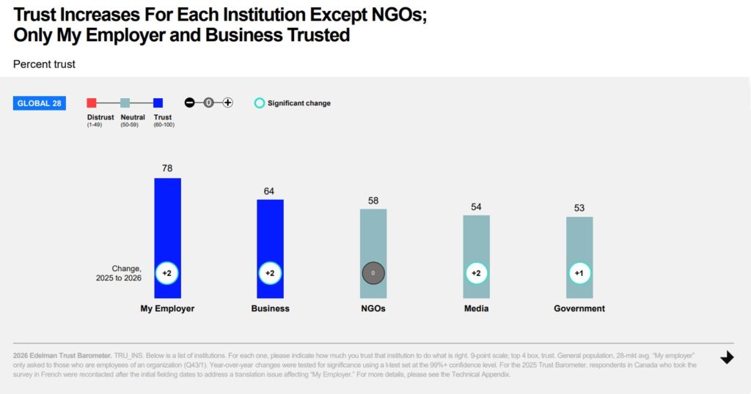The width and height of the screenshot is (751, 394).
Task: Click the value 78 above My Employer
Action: [167, 168]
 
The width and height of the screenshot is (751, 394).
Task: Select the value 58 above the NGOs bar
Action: [373, 200]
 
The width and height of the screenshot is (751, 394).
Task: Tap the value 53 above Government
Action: [579, 208]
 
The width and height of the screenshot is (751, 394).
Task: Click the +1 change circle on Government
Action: [579, 273]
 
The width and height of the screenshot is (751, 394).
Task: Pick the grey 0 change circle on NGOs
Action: [373, 273]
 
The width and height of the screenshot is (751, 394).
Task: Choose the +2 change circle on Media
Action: [476, 273]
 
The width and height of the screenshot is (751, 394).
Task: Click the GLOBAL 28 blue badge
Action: [40, 103]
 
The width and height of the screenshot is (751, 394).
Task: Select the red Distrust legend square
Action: [92, 103]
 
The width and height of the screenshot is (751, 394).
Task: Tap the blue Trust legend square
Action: [158, 103]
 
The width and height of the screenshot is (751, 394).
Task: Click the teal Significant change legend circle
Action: [259, 103]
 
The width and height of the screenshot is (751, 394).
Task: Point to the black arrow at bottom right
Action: [727, 357]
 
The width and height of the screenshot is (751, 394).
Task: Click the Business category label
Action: [270, 308]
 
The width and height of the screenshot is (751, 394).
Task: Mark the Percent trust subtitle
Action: [44, 64]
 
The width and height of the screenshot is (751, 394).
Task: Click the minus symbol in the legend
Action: [189, 103]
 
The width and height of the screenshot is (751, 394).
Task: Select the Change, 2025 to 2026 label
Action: [118, 273]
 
